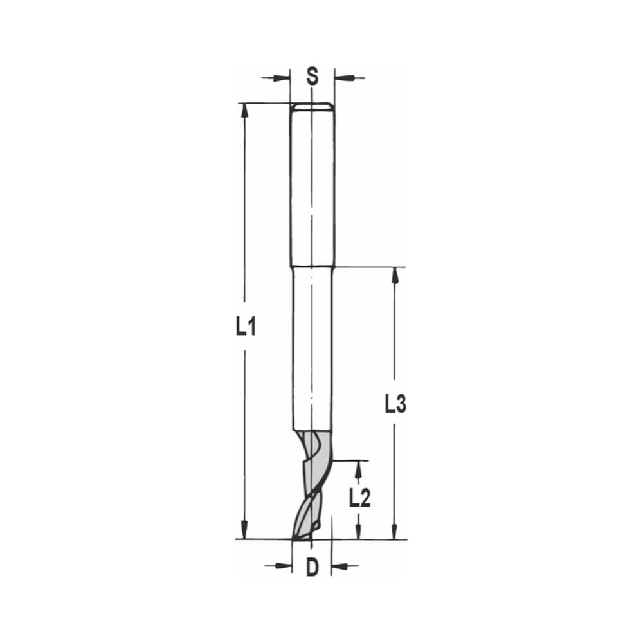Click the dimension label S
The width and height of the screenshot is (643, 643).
coord(312,77)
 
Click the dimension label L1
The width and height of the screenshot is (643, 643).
coord(245,328)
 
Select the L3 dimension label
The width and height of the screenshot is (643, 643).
coord(395,405)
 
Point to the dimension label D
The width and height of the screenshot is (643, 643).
coord(312,567)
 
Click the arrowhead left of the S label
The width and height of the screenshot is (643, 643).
coord(282,78)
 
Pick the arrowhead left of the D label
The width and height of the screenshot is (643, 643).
coord(283,566)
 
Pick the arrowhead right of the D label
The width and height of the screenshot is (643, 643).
coord(340,566)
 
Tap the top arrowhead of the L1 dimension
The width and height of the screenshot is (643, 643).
coord(244,111)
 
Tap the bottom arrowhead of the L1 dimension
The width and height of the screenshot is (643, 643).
coord(244,530)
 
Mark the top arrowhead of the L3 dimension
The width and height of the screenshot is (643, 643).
coord(395,275)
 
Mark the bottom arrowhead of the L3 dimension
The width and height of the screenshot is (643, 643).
coord(395,530)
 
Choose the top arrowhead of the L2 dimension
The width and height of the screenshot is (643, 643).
coord(359,469)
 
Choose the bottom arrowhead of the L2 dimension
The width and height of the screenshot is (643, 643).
coord(359,531)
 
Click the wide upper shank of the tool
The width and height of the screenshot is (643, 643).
coord(312,186)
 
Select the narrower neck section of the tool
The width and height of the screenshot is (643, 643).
coord(312,347)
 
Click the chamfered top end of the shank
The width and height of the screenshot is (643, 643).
coord(312,105)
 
